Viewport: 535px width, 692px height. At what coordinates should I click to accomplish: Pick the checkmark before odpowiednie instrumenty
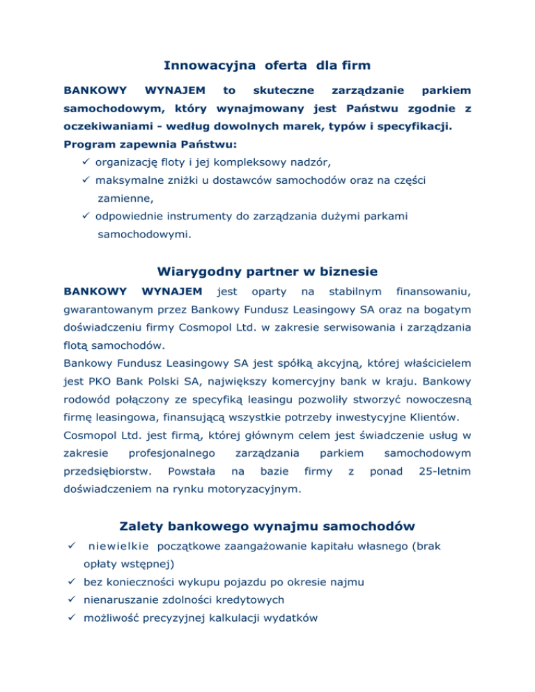[x=86, y=217]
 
